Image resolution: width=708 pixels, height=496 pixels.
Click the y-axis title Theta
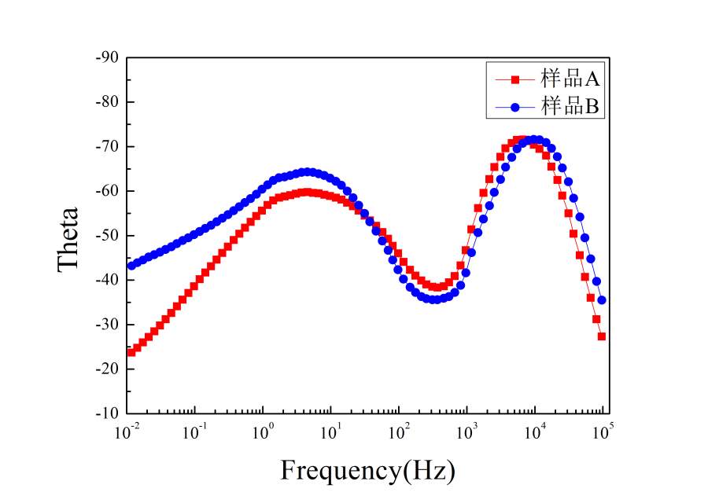pos(69,238)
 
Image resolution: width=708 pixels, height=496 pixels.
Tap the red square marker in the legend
pos(516,79)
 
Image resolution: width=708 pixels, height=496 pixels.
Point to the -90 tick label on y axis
pos(109,57)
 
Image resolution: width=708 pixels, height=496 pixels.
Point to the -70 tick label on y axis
pos(109,146)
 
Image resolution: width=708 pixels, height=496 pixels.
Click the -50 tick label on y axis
pos(109,235)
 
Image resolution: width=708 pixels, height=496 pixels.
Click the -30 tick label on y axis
pos(109,324)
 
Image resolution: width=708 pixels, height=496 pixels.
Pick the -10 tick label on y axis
pos(109,413)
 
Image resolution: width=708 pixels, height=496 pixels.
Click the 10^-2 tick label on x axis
pos(127,432)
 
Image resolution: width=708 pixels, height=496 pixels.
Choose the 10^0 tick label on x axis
pos(264,432)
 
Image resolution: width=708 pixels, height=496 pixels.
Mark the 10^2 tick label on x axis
pos(399,432)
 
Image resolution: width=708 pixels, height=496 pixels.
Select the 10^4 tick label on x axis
pos(535,432)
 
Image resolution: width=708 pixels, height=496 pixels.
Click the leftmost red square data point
pos(131,352)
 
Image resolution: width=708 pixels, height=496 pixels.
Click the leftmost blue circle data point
pos(131,265)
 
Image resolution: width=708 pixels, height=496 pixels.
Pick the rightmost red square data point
pos(602,336)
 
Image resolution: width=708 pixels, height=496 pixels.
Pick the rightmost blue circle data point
pos(602,299)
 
